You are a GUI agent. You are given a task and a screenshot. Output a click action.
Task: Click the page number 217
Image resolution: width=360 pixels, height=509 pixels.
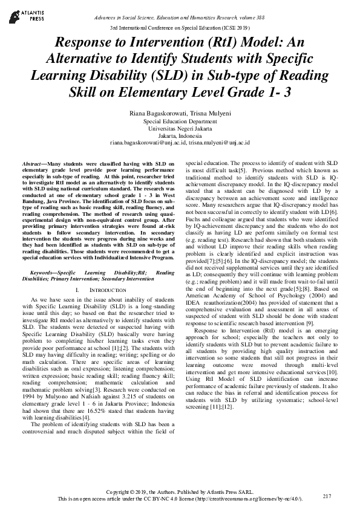point(327,496)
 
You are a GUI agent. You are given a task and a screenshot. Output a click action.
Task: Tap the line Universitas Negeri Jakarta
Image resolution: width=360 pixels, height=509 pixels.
point(180,128)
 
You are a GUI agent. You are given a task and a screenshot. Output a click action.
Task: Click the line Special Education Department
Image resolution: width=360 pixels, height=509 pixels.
point(180,121)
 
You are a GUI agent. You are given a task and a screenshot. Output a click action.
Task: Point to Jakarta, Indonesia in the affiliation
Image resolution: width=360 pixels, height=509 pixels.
point(180,135)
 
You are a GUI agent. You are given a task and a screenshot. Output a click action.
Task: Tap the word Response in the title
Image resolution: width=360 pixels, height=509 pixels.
point(88,43)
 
